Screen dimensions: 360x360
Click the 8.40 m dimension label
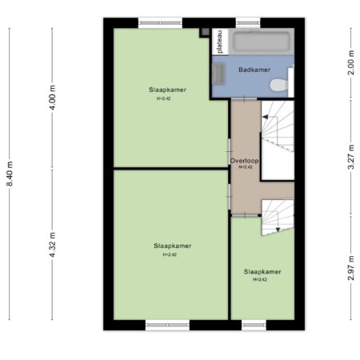click(10, 174)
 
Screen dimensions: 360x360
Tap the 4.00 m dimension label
click(53, 98)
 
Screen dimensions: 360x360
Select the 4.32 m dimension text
click(53, 245)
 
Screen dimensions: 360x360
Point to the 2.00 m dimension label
click(351, 62)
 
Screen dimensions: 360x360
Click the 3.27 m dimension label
click(351, 157)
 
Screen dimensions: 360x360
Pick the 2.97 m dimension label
click(351, 268)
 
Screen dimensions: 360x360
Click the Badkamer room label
click(254, 70)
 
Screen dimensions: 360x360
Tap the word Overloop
click(244, 161)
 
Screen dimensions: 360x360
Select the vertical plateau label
click(220, 42)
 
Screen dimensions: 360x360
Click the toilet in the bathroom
click(279, 86)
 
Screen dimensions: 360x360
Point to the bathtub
click(262, 42)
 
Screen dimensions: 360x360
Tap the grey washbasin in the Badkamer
click(218, 74)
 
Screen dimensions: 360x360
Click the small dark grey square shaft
click(205, 32)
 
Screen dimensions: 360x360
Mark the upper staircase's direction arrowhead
click(265, 117)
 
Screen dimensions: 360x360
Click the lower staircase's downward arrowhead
click(278, 230)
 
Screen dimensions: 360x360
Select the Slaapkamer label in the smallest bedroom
click(262, 272)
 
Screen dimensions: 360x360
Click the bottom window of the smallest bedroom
click(254, 325)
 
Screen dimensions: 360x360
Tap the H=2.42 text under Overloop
click(246, 167)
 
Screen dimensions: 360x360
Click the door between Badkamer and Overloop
click(244, 99)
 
